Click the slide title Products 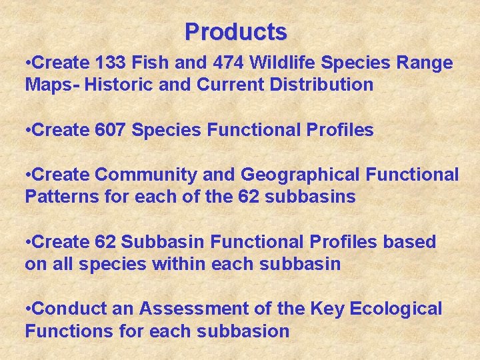tap(236, 31)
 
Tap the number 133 tap(113, 63)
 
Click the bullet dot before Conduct tap(27, 309)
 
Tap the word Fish tap(156, 63)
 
